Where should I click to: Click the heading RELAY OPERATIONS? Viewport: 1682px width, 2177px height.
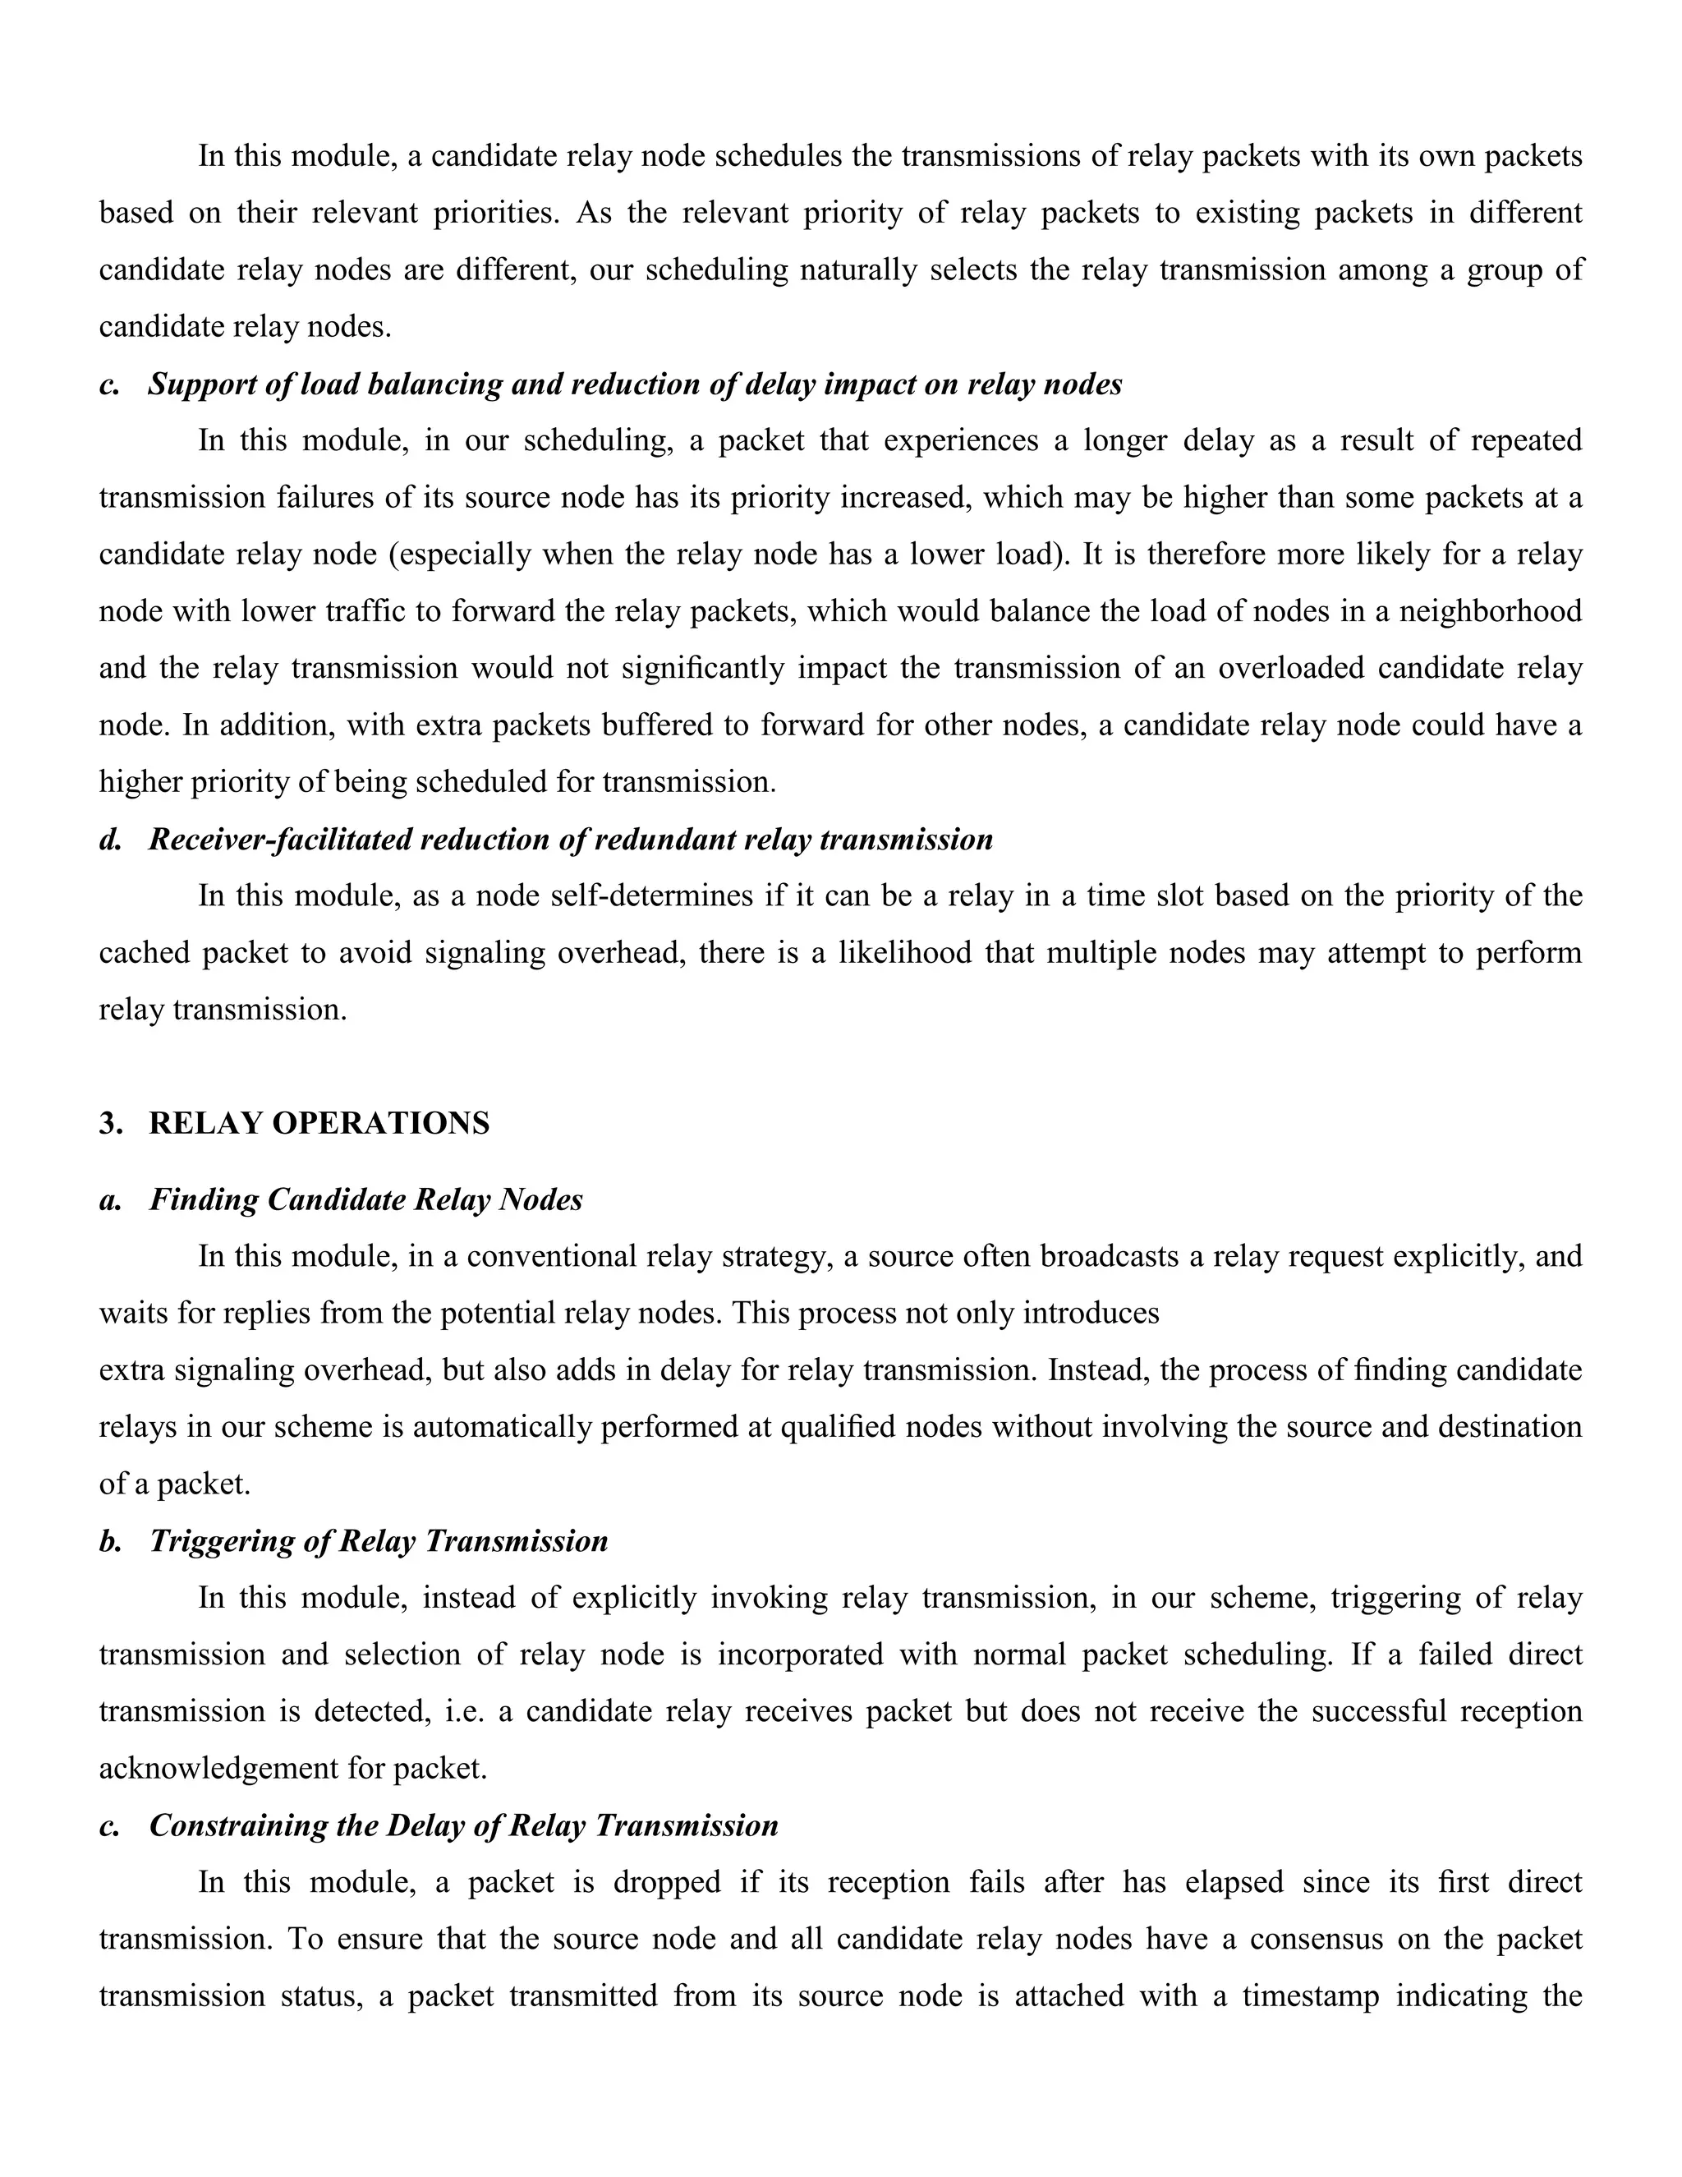coord(319,1123)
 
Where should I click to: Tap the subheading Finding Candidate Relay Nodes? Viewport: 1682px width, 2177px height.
coord(365,1199)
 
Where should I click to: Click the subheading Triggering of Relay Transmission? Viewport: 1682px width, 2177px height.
coord(379,1541)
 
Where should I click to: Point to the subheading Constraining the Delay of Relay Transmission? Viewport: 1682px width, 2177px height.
coord(463,1825)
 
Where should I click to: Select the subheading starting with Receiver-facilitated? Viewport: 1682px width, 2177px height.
coord(571,840)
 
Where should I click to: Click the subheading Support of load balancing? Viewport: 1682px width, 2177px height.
coord(635,384)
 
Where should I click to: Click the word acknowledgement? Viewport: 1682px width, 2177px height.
coord(218,1770)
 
